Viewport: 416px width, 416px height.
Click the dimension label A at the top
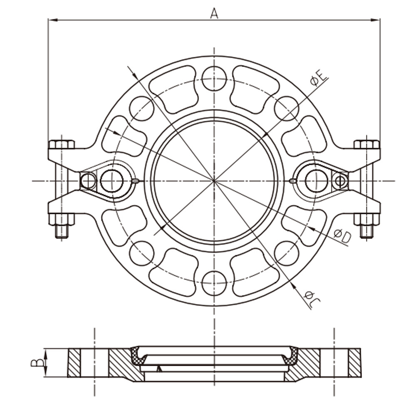click(x=214, y=13)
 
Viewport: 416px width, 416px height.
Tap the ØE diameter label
click(x=319, y=78)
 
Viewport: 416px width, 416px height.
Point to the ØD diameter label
click(x=343, y=237)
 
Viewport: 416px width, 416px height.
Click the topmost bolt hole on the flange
click(x=214, y=79)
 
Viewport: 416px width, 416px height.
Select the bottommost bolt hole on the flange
click(x=214, y=283)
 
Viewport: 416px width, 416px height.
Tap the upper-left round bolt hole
click(x=141, y=109)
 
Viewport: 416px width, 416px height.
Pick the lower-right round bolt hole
click(x=287, y=253)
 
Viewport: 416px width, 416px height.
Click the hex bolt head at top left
click(x=62, y=144)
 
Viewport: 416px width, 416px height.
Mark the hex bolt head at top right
click(x=366, y=144)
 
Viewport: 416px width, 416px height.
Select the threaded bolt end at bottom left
click(x=62, y=231)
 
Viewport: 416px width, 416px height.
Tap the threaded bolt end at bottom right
click(x=366, y=231)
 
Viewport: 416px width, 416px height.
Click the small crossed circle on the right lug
click(x=340, y=181)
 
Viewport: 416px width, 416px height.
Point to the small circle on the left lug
click(x=88, y=181)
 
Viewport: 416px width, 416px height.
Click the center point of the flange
click(x=214, y=181)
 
